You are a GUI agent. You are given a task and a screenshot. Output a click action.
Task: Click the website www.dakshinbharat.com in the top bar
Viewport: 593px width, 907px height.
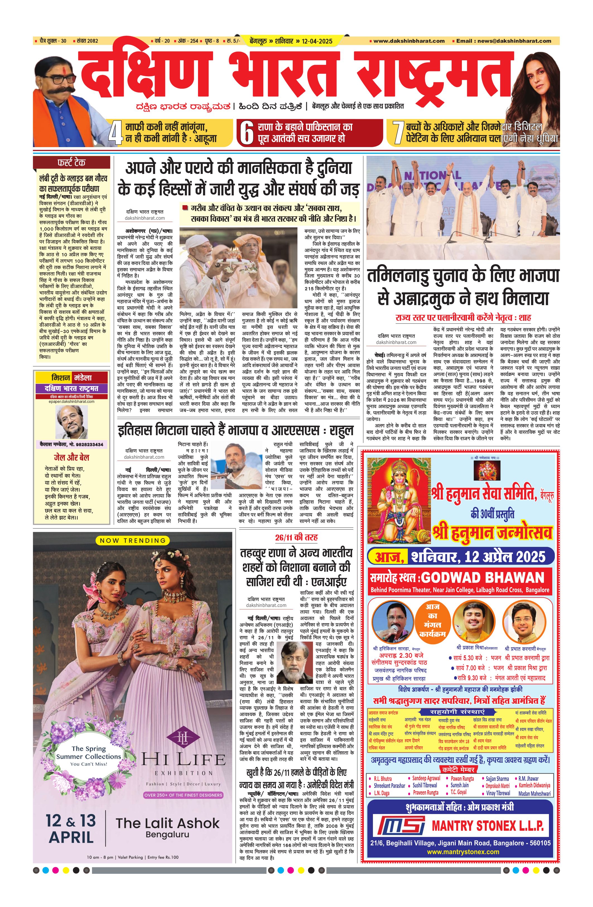409,41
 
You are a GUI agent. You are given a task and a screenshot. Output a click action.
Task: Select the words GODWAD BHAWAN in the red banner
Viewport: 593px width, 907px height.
483,578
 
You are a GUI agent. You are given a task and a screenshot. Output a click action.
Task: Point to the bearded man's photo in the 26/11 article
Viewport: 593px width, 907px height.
294,662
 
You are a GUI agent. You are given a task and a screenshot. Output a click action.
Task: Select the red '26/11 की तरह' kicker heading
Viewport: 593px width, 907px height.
296,537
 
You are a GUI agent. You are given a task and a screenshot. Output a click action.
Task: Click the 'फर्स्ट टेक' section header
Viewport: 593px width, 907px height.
71,163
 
